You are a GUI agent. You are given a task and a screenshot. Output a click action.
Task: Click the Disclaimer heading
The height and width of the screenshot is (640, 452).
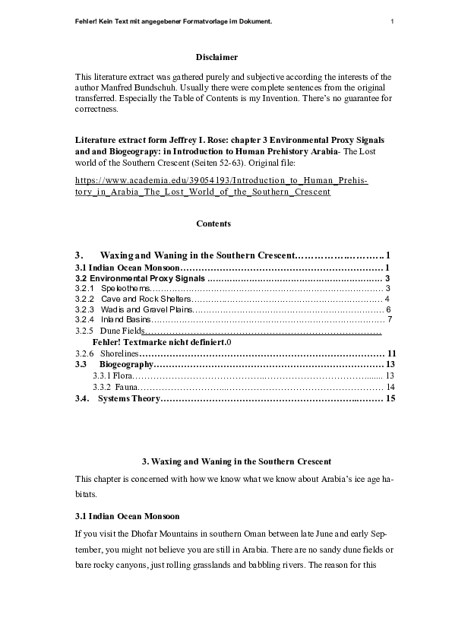pos(217,57)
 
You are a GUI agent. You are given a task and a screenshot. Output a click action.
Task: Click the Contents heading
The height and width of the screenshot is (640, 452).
pos(213,223)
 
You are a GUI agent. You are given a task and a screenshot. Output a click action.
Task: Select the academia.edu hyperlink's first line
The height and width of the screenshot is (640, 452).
pos(222,180)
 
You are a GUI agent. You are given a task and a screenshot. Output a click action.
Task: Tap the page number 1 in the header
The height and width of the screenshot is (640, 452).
pos(392,21)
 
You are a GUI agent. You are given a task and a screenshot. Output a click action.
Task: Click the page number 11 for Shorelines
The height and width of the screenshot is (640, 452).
pos(392,354)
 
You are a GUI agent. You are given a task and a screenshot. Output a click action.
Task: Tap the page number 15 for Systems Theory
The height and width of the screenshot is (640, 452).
pos(392,398)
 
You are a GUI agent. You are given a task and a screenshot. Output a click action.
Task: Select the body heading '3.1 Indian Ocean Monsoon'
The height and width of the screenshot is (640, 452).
pos(128,516)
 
